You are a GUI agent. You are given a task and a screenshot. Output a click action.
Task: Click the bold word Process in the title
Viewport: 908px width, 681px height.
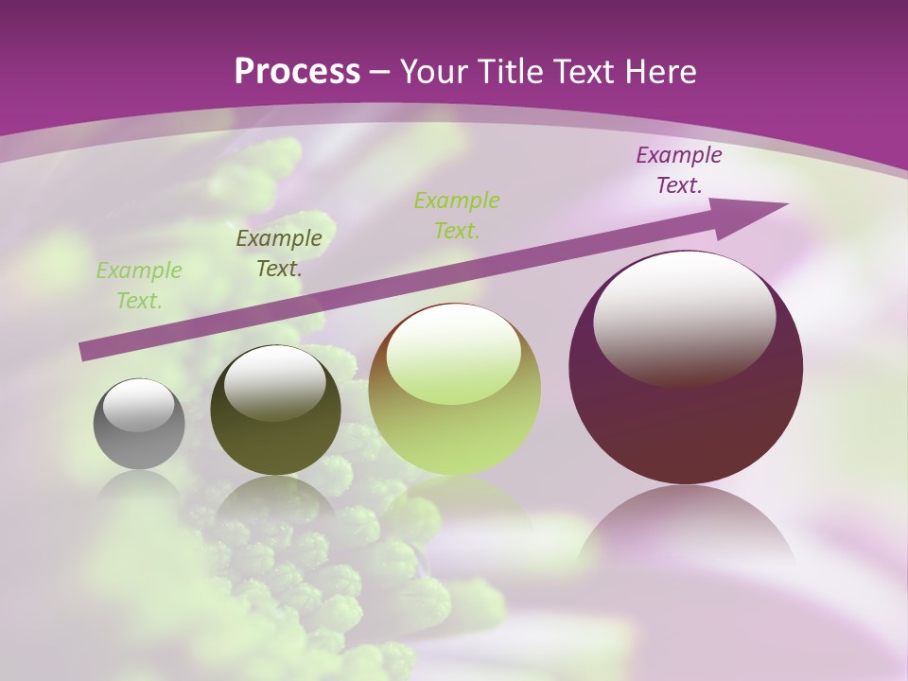click(x=297, y=72)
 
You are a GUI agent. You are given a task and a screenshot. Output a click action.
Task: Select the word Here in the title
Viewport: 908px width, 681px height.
click(x=659, y=72)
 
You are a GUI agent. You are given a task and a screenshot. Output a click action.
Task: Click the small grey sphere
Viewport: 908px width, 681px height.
click(x=139, y=425)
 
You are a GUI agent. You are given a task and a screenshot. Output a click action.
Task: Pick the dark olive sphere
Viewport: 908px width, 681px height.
click(x=275, y=410)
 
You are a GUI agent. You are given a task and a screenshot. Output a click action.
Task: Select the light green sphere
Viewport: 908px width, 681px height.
click(x=454, y=390)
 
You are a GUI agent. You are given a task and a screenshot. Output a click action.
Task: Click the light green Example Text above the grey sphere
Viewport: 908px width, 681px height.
click(x=138, y=286)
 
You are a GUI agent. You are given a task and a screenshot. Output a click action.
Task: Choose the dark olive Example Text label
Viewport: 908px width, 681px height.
click(x=279, y=253)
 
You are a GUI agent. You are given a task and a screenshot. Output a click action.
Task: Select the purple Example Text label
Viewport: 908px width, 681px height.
click(x=678, y=170)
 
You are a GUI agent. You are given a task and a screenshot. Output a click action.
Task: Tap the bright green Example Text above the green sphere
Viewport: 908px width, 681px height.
click(x=457, y=215)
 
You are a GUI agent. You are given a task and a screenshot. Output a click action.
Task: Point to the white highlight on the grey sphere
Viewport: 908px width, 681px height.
click(x=139, y=406)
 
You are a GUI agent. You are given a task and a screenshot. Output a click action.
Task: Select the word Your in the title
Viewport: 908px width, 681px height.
click(x=429, y=72)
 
